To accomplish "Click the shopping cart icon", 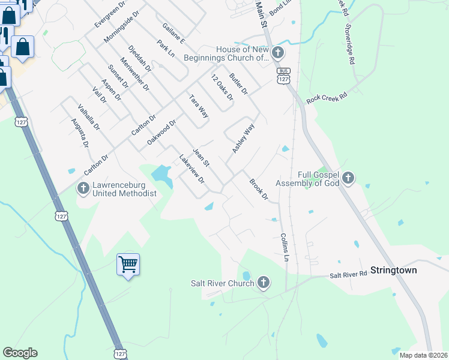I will (128, 264).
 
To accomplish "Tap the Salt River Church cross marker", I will (263, 283).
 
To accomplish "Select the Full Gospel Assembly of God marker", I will (349, 178).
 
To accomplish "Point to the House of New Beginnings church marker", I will (277, 53).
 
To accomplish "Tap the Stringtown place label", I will (393, 270).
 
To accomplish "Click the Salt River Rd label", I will (348, 274).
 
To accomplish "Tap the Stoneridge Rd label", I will (350, 44).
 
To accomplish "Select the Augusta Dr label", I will (79, 133).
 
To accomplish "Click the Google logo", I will (20, 353).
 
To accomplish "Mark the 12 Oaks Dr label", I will (221, 89).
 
